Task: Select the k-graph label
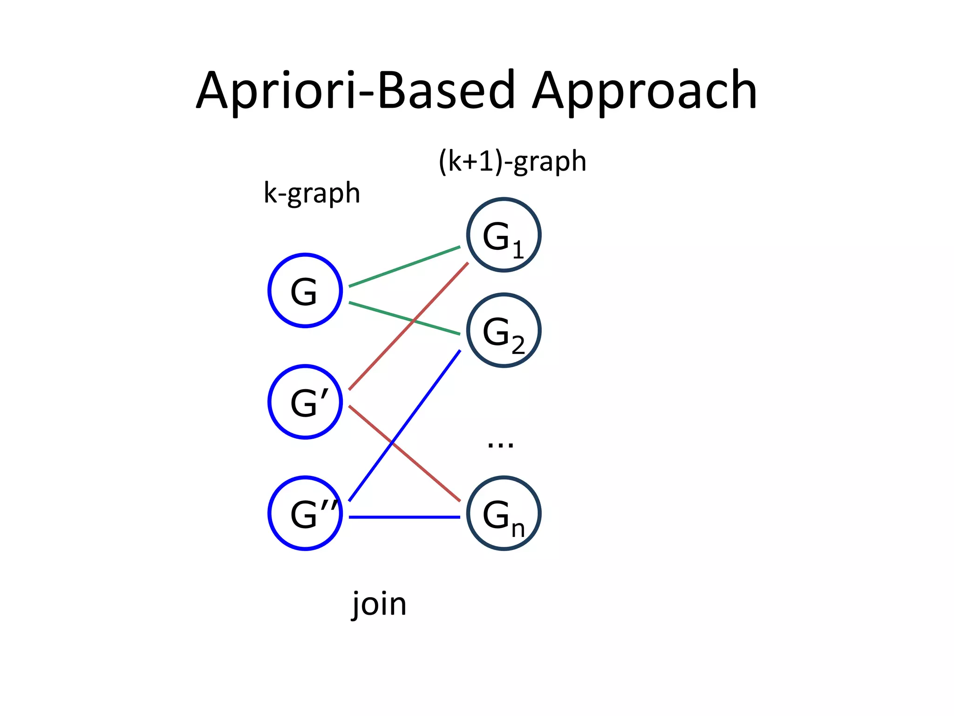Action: coord(312,193)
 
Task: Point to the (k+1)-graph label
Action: coord(512,162)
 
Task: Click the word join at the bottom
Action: coord(379,604)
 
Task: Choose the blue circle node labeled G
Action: coord(305,290)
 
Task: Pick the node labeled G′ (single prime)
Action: coord(305,402)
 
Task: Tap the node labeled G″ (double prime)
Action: coord(305,513)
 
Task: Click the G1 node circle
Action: coord(504,235)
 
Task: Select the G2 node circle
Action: coord(504,330)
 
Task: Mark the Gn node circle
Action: coord(504,513)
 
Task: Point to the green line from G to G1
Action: coord(404,267)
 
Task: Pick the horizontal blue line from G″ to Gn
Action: coord(404,517)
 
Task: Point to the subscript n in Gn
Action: coord(518,530)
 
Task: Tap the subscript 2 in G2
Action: coord(518,345)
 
